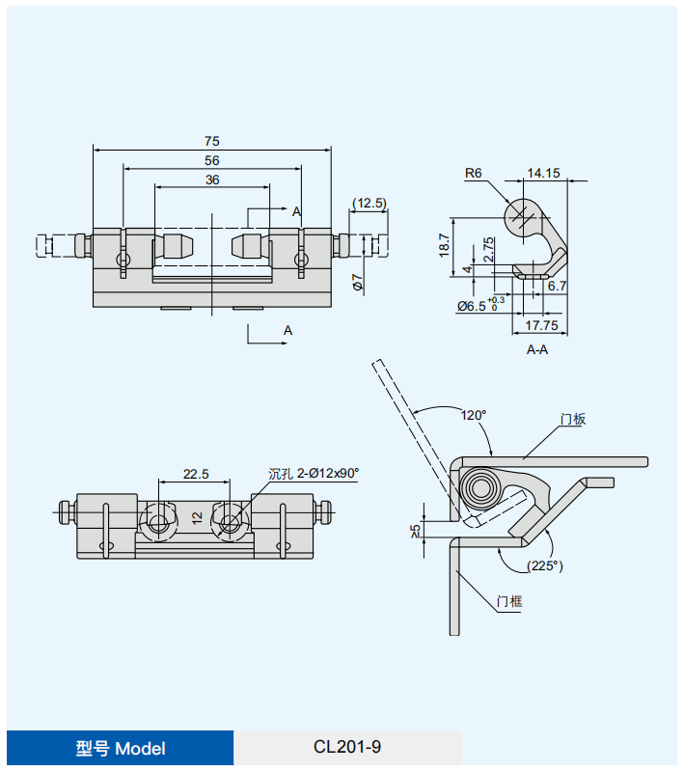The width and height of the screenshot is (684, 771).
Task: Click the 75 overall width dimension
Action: coord(212,141)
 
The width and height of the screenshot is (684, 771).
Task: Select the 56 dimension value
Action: coord(212,160)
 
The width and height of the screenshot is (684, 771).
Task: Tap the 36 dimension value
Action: coord(212,179)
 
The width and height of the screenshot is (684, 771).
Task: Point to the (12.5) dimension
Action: coord(369,203)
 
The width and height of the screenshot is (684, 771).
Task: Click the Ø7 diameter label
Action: coord(356,282)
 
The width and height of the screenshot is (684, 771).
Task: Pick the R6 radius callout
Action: coord(474,174)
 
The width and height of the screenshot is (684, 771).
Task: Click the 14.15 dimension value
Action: coord(544,174)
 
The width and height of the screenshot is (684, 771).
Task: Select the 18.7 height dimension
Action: coord(444,245)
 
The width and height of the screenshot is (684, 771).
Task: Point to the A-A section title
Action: coord(537,349)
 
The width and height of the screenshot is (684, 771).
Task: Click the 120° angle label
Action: coord(473,415)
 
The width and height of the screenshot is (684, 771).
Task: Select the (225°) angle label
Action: coord(544,566)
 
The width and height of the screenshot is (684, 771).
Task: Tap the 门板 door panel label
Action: coord(573,419)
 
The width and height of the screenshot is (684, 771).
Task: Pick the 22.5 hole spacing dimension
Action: coord(196,474)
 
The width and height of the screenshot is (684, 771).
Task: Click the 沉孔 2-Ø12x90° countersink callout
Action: coord(314,473)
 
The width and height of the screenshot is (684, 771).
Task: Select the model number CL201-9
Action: coord(347,747)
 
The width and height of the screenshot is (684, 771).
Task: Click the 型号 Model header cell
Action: coord(121,748)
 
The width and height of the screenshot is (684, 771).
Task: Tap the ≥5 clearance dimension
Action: coord(416,530)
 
